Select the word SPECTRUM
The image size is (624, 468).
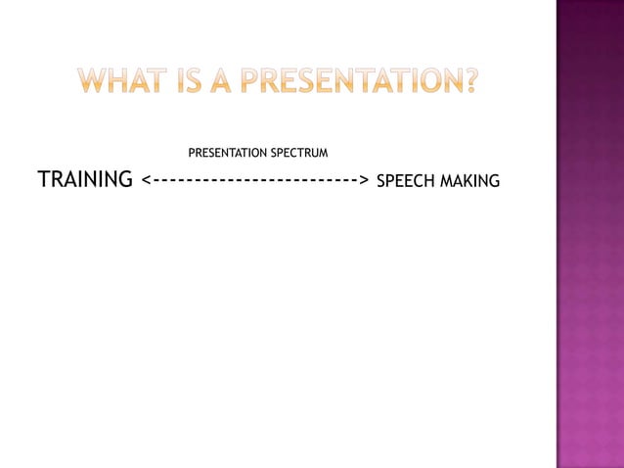297,154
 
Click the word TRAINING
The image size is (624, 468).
85,180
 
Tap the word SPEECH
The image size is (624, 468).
406,181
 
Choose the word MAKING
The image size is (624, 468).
470,181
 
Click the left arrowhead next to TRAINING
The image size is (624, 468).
146,181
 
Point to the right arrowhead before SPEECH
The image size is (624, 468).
363,181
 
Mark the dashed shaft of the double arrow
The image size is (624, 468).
254,181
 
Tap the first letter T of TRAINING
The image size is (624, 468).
44,180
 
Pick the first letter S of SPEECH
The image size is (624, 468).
381,181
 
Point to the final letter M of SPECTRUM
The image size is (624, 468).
322,154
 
